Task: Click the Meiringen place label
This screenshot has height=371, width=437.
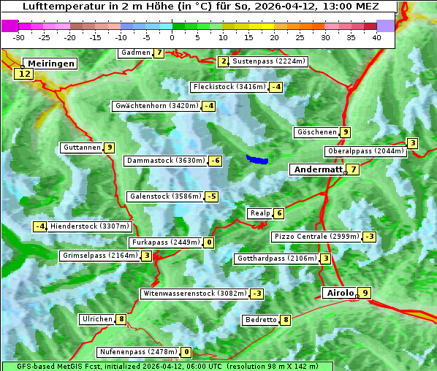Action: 50,64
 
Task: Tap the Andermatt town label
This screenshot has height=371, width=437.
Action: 318,169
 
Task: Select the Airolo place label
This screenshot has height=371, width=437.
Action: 340,293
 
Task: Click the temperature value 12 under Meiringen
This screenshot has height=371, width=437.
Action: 25,74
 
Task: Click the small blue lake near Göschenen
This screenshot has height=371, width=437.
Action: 256,159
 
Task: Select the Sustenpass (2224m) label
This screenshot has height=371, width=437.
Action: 263,61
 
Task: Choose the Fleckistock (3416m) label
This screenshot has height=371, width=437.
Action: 227,87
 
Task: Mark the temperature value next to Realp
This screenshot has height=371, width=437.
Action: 278,213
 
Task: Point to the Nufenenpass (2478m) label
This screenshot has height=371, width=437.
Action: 138,352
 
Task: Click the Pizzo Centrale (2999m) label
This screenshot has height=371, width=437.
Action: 316,237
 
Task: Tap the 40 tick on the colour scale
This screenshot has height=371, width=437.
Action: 376,37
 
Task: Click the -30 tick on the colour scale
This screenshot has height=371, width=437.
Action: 19,37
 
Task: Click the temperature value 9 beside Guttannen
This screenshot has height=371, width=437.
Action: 109,148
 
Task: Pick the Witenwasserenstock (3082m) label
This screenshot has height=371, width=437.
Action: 194,294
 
